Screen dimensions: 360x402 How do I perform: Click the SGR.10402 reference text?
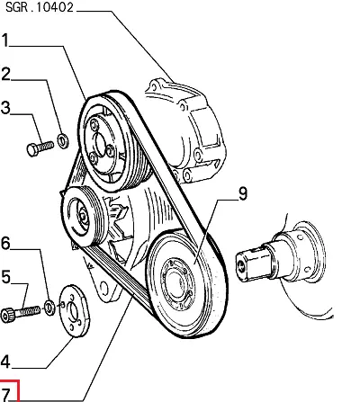(40, 7)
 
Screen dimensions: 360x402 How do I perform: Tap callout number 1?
(4, 40)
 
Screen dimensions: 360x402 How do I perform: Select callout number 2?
(5, 75)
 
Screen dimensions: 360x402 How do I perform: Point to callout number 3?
(5, 108)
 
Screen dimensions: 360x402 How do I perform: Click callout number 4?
(5, 362)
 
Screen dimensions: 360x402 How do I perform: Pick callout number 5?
(5, 277)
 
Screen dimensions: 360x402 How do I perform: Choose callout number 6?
(5, 243)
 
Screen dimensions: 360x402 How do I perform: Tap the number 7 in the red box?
(5, 395)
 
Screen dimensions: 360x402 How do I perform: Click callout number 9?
(243, 193)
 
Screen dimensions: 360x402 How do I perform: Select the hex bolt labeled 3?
(40, 147)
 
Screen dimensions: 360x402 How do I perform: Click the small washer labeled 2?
(63, 141)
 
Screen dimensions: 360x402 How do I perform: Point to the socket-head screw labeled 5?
(20, 314)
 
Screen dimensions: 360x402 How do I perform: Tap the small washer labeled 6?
(49, 308)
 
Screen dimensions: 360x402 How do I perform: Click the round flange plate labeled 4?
(75, 311)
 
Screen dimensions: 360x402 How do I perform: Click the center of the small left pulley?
(83, 215)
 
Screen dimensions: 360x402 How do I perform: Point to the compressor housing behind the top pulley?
(187, 129)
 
